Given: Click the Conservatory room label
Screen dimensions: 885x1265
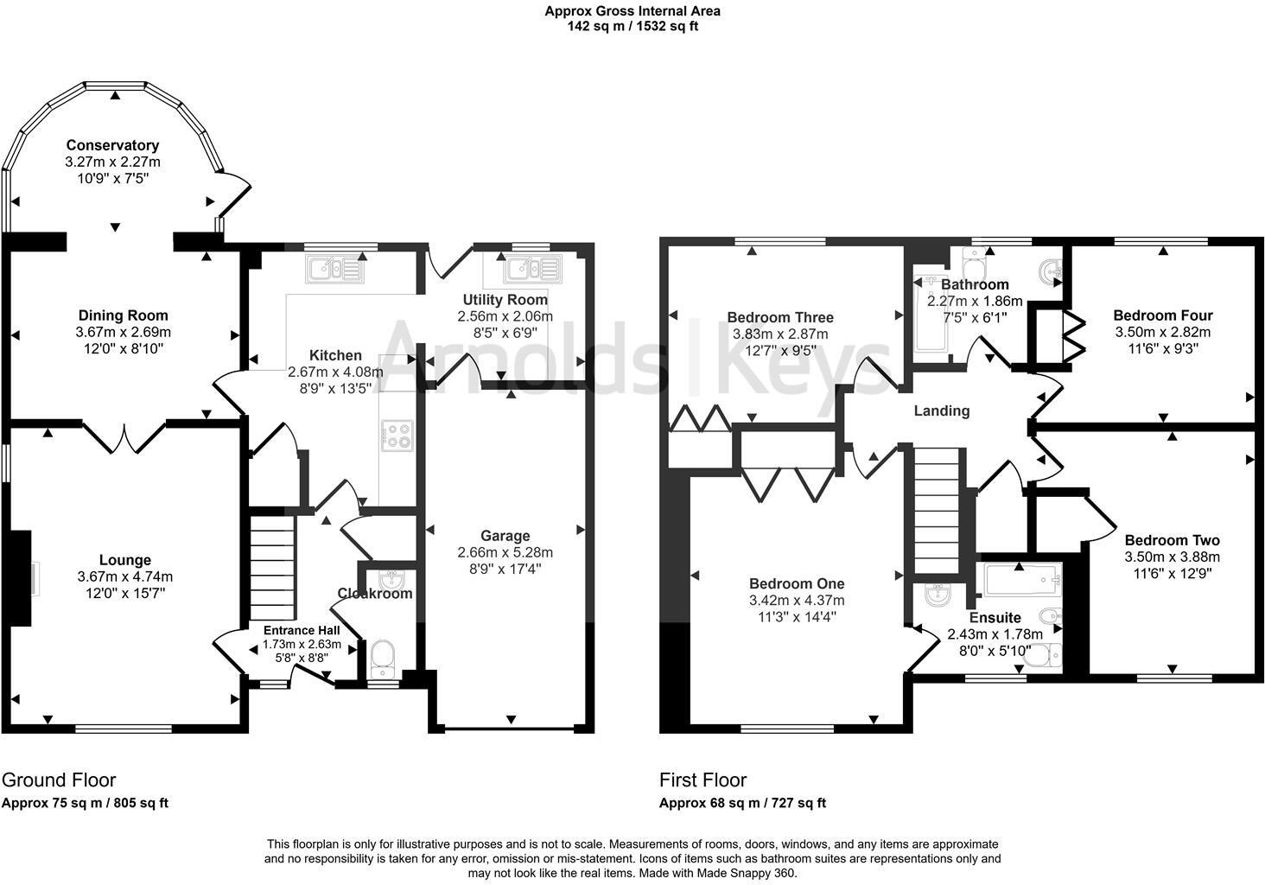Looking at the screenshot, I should tap(112, 145).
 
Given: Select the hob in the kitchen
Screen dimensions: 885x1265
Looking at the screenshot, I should tap(397, 435).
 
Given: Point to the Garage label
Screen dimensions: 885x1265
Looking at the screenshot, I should tap(505, 536).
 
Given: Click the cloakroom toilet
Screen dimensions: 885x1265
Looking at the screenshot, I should tap(382, 661).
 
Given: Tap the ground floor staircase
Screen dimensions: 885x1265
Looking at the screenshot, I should tap(272, 566).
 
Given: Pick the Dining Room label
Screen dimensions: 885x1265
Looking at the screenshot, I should tap(124, 315).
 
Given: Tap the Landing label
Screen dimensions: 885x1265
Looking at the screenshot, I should tap(942, 411).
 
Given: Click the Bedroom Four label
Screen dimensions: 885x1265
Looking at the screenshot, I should tap(1162, 315).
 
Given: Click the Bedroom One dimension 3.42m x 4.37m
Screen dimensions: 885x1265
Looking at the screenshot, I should tap(797, 601).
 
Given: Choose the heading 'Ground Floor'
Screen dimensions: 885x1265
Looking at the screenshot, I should tap(59, 780).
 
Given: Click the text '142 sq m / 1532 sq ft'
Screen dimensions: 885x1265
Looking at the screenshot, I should tap(632, 26).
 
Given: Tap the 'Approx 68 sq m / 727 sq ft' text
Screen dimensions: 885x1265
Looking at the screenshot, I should tap(742, 803).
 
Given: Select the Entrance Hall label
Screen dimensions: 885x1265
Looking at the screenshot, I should tap(302, 630).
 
